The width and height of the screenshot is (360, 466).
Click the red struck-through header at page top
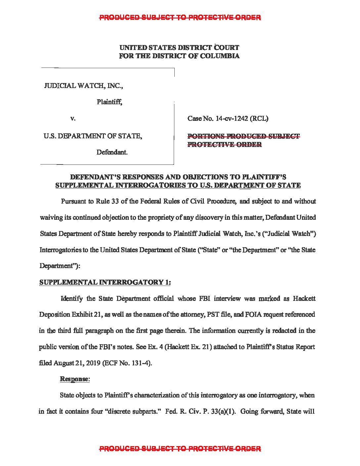click(180, 18)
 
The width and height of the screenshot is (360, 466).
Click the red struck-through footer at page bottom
click(180, 449)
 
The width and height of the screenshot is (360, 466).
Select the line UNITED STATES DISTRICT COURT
click(179, 48)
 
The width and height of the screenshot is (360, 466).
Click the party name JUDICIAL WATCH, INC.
click(83, 86)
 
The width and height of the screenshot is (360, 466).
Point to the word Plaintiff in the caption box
click(109, 102)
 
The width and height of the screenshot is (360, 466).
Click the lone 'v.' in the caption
click(73, 118)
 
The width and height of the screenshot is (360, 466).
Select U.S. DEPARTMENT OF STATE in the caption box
click(93, 136)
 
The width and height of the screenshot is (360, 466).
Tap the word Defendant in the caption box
click(112, 152)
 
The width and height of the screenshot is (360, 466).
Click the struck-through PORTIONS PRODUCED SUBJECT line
click(244, 136)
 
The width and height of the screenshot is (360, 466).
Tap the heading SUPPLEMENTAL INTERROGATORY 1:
click(105, 282)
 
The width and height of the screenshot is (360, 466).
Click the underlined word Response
click(74, 379)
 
